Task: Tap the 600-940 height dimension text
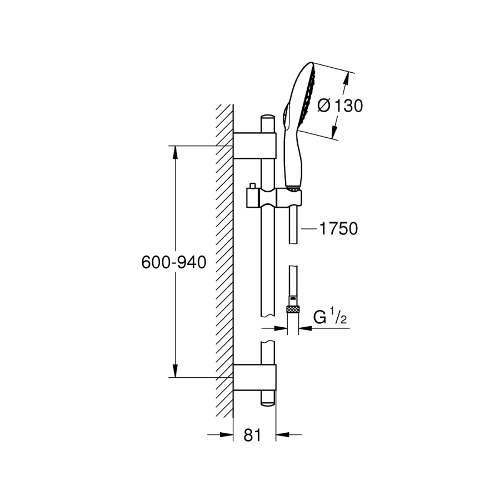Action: [x=174, y=262]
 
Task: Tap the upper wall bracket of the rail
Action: [x=254, y=146]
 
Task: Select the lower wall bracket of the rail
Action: [x=254, y=378]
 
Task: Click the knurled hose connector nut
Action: [x=292, y=309]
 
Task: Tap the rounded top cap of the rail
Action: [x=268, y=120]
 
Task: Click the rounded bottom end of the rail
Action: [x=268, y=401]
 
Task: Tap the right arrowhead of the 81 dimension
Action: [x=281, y=434]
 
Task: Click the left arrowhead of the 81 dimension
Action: [x=228, y=434]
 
